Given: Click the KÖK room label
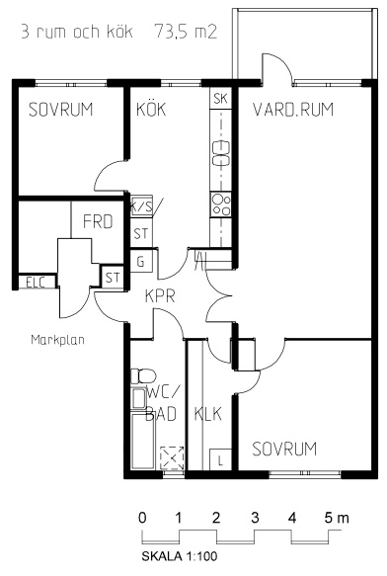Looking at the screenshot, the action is pyautogui.click(x=151, y=110).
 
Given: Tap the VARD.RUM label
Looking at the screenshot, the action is pyautogui.click(x=293, y=110).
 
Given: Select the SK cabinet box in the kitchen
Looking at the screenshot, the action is pyautogui.click(x=221, y=99).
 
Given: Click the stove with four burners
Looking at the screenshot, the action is pyautogui.click(x=221, y=205).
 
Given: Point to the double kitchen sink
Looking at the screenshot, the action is pyautogui.click(x=221, y=153).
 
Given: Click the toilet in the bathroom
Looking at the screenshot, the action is pyautogui.click(x=143, y=375).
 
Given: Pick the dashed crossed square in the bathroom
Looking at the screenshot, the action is pyautogui.click(x=172, y=457).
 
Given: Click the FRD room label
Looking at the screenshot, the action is pyautogui.click(x=98, y=221).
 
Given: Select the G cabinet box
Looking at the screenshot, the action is pyautogui.click(x=141, y=261).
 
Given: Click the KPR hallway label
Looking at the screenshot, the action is pyautogui.click(x=160, y=296).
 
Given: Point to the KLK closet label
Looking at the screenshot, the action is pyautogui.click(x=208, y=414).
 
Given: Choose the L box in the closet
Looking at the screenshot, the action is pyautogui.click(x=220, y=459).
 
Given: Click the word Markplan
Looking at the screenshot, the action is pyautogui.click(x=57, y=340).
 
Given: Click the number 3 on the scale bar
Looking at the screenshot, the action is pyautogui.click(x=255, y=518).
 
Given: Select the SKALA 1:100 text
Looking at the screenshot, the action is pyautogui.click(x=180, y=556).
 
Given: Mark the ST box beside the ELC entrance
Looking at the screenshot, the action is pyautogui.click(x=112, y=278).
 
